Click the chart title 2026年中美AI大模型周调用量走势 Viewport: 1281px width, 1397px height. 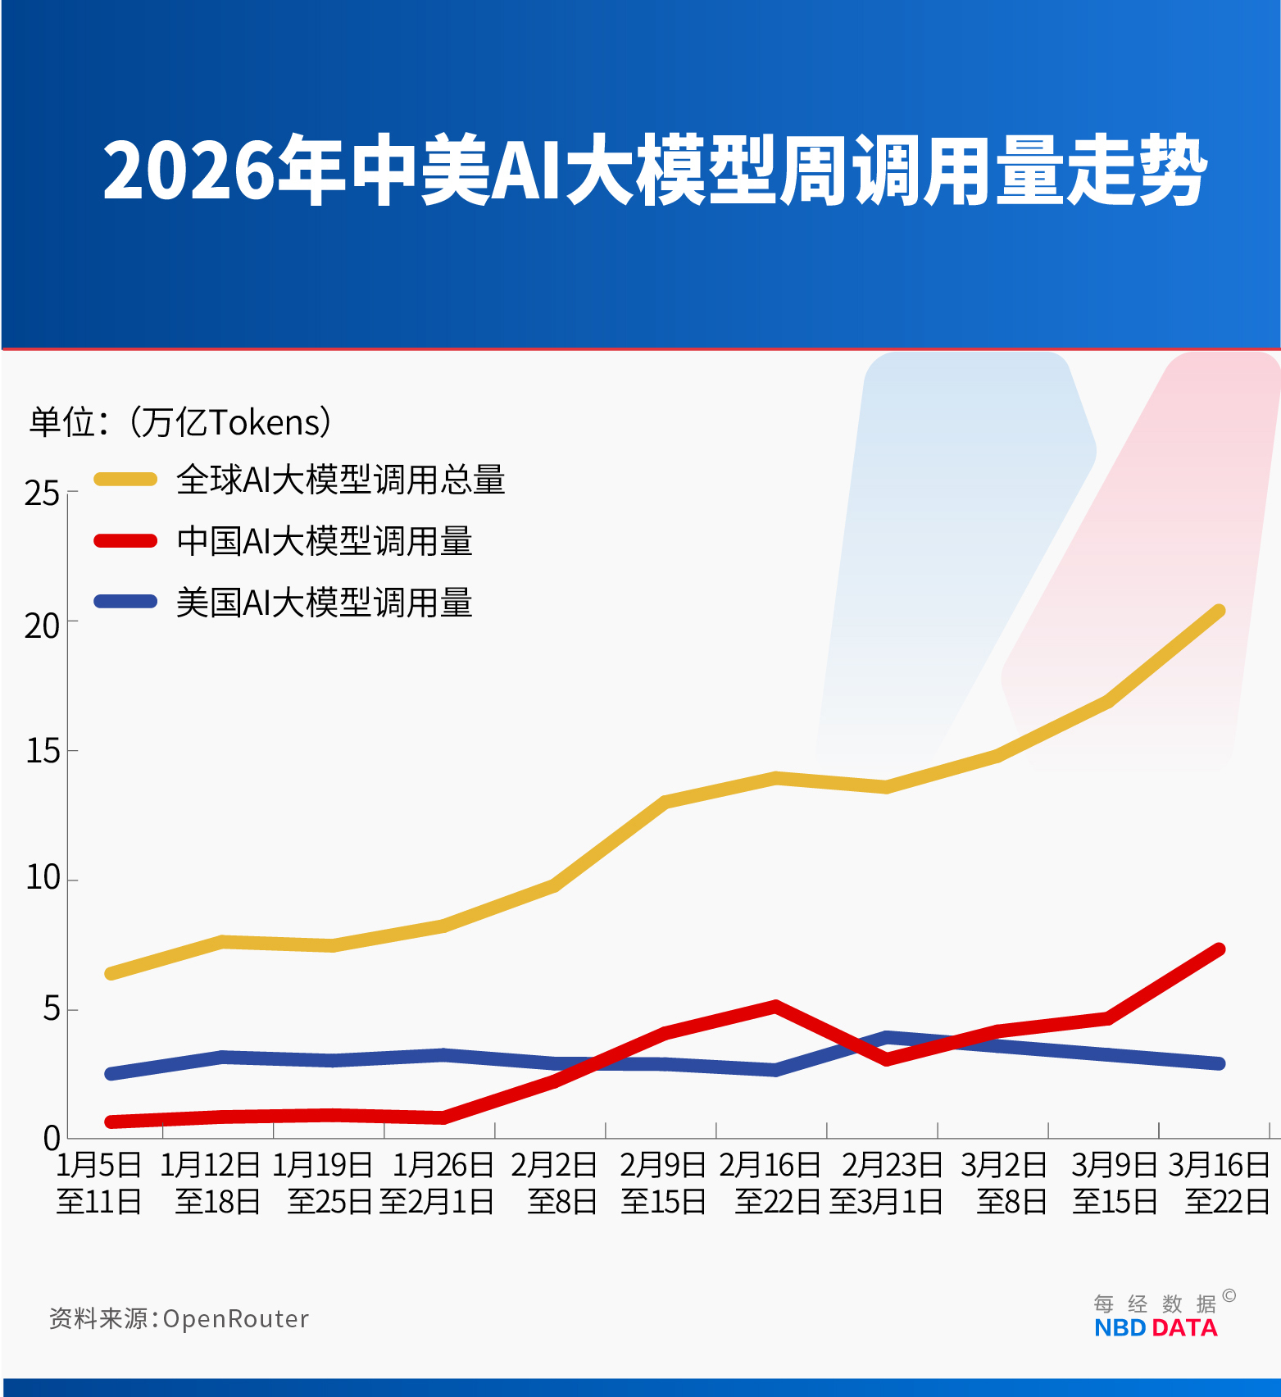pos(654,171)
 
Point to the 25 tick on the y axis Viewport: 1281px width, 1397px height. pos(42,494)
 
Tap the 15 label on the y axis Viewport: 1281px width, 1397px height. pos(43,751)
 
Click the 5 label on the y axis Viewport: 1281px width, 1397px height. pos(52,1008)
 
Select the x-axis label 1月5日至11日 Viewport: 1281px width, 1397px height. pos(98,1183)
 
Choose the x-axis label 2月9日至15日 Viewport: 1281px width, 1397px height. pos(663,1183)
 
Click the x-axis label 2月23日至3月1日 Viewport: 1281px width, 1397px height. pos(888,1183)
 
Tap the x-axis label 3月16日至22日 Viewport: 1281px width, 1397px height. pos(1220,1183)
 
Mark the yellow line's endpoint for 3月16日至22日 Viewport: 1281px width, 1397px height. pos(1219,612)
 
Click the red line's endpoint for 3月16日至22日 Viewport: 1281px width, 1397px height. pos(1219,949)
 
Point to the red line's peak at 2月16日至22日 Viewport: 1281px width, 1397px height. pos(775,1006)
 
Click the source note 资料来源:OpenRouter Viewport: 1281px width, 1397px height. pos(179,1318)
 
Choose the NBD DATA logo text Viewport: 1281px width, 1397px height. pos(1156,1328)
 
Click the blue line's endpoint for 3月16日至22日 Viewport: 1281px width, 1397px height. pos(1219,1063)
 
